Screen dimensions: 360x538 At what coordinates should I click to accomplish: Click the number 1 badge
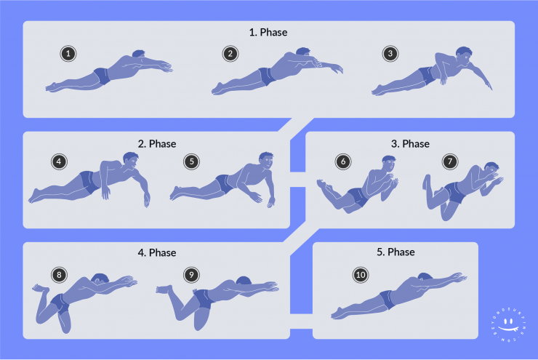click(68, 54)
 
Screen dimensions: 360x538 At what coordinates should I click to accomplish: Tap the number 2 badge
click(230, 53)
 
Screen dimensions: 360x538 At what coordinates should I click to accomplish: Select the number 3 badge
click(390, 53)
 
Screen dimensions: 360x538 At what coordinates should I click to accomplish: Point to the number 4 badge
click(59, 161)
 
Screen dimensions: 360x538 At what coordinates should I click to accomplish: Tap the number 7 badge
click(450, 161)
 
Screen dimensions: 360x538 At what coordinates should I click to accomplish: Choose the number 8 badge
click(59, 274)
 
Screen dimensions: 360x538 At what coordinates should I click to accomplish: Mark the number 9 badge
click(191, 274)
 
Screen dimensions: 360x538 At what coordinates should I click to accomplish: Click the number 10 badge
click(360, 274)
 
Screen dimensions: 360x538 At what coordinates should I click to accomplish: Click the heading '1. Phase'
click(268, 33)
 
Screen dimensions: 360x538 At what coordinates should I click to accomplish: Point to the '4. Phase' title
click(156, 252)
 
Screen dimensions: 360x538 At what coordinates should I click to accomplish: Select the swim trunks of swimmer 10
click(386, 298)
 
